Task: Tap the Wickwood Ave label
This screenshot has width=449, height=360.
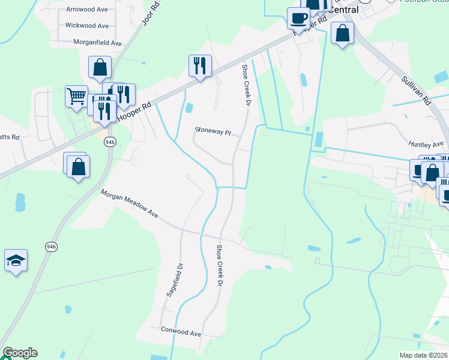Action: pyautogui.click(x=87, y=26)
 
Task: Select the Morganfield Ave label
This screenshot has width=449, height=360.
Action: pyautogui.click(x=97, y=43)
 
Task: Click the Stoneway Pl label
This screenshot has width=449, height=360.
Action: pyautogui.click(x=213, y=131)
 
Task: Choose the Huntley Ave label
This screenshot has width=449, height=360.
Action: pyautogui.click(x=425, y=144)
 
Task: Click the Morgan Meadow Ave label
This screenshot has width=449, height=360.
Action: pyautogui.click(x=128, y=205)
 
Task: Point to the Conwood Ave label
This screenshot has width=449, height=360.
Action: pyautogui.click(x=181, y=331)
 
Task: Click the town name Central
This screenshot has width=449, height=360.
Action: pyautogui.click(x=343, y=10)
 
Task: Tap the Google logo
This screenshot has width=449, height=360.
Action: pyautogui.click(x=20, y=353)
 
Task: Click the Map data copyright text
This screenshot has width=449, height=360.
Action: pyautogui.click(x=424, y=355)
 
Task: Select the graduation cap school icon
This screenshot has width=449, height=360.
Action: pyautogui.click(x=16, y=260)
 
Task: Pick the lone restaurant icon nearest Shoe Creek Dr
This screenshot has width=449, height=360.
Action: pyautogui.click(x=200, y=65)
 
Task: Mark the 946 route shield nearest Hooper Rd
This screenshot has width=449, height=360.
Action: pyautogui.click(x=109, y=142)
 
